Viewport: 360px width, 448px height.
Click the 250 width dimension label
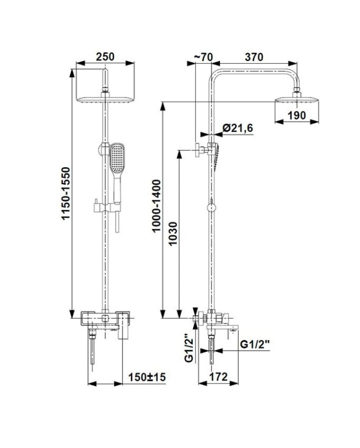pos(105,57)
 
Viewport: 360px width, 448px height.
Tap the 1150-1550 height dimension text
pos(66,194)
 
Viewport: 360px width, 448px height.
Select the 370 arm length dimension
pos(254,57)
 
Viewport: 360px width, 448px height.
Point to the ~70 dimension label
pos(203,57)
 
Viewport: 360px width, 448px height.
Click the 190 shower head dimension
pos(297,115)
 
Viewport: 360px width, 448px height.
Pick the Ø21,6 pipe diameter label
pos(238,128)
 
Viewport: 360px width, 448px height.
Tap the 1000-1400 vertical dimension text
pos(157,206)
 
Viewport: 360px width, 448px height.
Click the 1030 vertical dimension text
pos(173,234)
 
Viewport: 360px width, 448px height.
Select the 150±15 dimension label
pos(147,377)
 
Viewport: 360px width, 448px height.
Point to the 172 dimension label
pos(218,377)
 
